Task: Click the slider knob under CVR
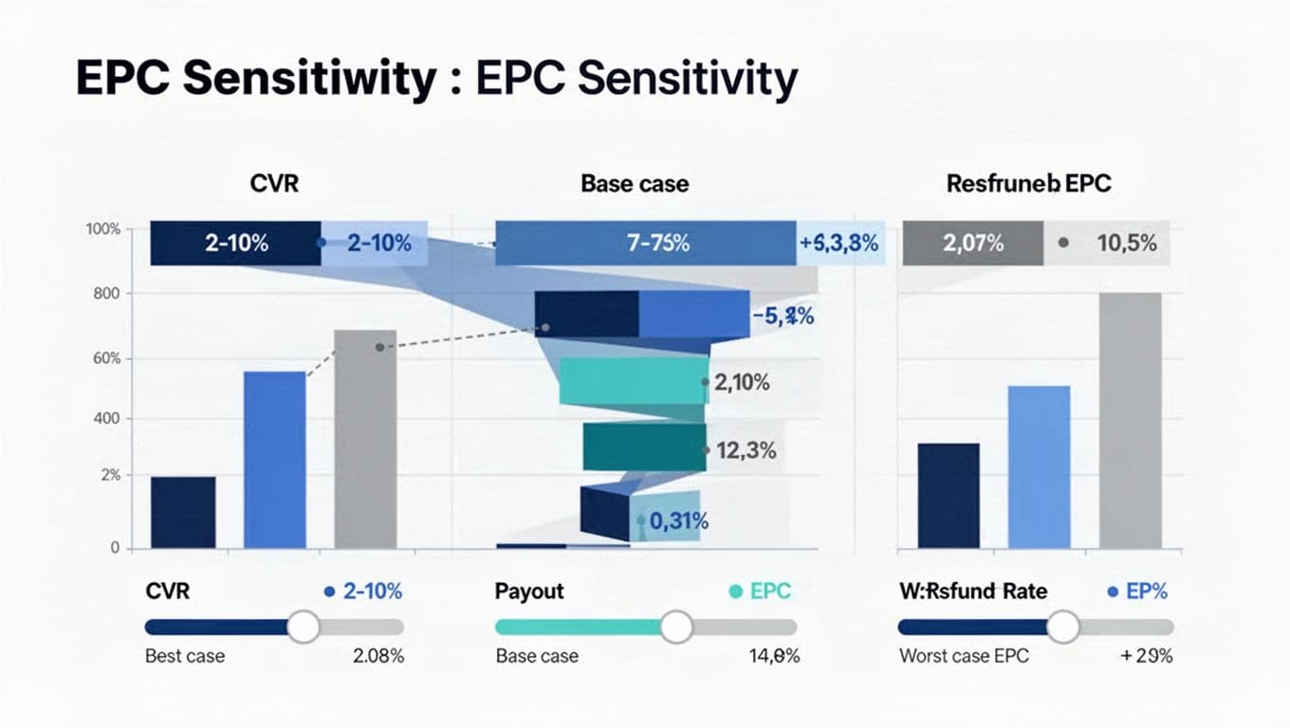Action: coord(304,627)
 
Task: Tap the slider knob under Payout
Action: coord(676,627)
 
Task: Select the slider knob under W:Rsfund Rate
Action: coord(1063,627)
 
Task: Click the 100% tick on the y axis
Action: coord(102,229)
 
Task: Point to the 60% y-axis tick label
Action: coord(102,358)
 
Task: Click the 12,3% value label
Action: coord(746,451)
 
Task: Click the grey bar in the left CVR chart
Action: coord(365,439)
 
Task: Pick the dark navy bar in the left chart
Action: coord(183,512)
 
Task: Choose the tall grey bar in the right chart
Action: coord(1130,420)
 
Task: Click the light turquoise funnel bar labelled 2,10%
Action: coord(634,381)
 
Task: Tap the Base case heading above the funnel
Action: coord(635,184)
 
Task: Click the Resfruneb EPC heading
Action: coord(1028,184)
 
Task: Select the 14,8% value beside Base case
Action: coord(774,656)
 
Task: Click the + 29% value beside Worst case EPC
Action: coord(1147,656)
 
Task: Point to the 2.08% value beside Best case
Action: coord(378,656)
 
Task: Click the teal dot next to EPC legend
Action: coord(735,591)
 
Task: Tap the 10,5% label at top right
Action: coord(1126,243)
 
